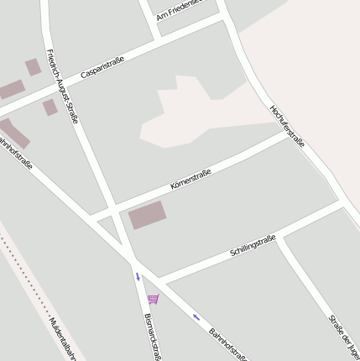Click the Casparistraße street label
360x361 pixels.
pos(102,68)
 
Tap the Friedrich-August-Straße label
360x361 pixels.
pos(63,86)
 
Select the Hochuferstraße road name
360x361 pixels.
pos(287,127)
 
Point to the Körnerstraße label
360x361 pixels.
pos(190,177)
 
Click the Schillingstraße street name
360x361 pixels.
pos(253,246)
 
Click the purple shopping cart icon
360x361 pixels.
pos(153,299)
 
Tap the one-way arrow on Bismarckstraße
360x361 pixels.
pos(138,275)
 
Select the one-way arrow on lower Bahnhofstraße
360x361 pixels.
pos(196,317)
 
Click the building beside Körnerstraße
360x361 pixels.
pos(147,215)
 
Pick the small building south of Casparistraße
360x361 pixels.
pos(50,107)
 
